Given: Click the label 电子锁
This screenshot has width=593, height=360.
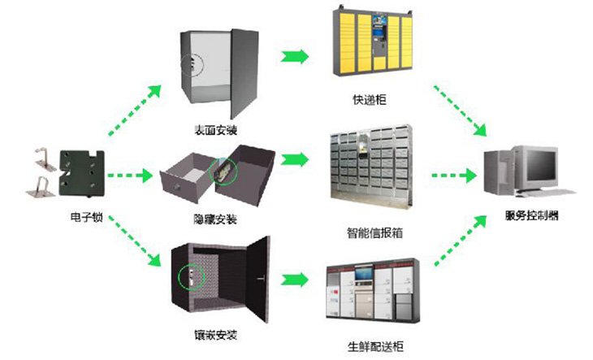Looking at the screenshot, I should pyautogui.click(x=86, y=218).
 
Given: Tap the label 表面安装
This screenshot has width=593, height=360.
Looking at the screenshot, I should pyautogui.click(x=216, y=130).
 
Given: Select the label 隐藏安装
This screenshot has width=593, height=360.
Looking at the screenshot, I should pyautogui.click(x=216, y=219).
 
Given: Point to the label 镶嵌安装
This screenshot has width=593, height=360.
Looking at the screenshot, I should pyautogui.click(x=216, y=335).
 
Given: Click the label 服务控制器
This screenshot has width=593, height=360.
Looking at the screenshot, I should pyautogui.click(x=532, y=216).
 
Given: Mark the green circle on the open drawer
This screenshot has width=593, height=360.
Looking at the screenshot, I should pyautogui.click(x=220, y=171).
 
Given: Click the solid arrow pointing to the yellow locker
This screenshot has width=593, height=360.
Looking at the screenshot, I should pyautogui.click(x=295, y=56).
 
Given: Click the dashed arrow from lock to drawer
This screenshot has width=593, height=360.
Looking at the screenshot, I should pyautogui.click(x=130, y=175).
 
